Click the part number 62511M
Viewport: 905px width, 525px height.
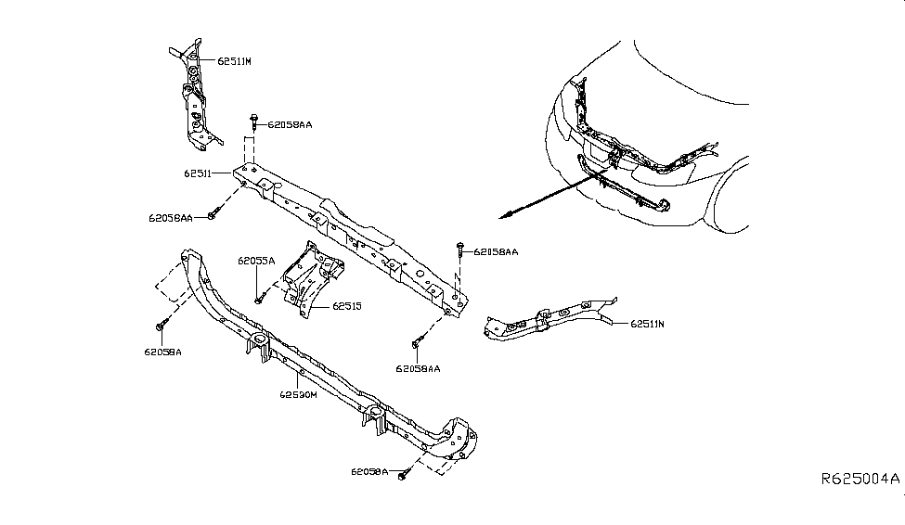(x=234, y=61)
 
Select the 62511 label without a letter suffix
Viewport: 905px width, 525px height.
(x=198, y=173)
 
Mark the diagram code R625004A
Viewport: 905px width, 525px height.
(x=860, y=480)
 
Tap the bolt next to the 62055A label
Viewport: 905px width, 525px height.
(x=260, y=299)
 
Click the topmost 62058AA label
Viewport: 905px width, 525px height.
(x=291, y=124)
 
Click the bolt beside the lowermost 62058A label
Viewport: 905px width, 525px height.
(x=403, y=475)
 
